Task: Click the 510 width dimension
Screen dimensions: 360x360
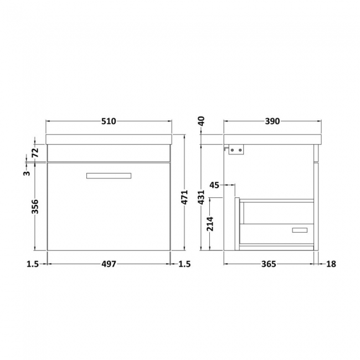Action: [x=109, y=122]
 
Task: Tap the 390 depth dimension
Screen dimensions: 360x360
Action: [x=272, y=122]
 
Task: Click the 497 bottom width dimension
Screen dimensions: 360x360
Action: [x=109, y=264]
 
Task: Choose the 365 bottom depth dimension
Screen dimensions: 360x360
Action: [x=269, y=264]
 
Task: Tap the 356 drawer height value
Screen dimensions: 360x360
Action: [x=34, y=206]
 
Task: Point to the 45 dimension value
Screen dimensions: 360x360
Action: [x=215, y=185]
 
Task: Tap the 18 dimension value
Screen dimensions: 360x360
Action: [x=331, y=264]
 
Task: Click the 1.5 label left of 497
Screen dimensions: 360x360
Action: [x=32, y=264]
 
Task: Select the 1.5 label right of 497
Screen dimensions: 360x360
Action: [x=184, y=264]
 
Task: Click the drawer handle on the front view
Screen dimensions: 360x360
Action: [x=109, y=176]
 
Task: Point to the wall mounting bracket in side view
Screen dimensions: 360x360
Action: [x=235, y=149]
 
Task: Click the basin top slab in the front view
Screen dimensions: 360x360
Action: [x=109, y=139]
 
